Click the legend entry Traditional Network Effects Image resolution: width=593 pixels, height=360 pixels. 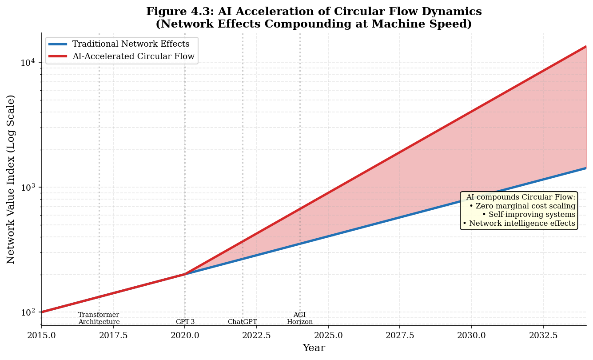pyautogui.click(x=131, y=44)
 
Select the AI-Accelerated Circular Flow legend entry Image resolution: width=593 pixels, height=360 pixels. pyautogui.click(x=133, y=56)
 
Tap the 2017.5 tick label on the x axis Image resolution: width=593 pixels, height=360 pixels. pyautogui.click(x=113, y=335)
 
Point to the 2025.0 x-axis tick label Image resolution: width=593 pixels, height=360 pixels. pyautogui.click(x=328, y=335)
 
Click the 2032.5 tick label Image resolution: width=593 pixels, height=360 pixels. pyautogui.click(x=543, y=335)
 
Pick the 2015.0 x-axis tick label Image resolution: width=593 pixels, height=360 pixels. pyautogui.click(x=42, y=335)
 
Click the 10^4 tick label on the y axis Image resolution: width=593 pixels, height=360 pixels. pyautogui.click(x=28, y=62)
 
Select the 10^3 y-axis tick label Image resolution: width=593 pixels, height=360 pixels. pyautogui.click(x=28, y=187)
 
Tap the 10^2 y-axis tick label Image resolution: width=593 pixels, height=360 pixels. pyautogui.click(x=28, y=312)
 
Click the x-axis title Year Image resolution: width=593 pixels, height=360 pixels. pyautogui.click(x=314, y=348)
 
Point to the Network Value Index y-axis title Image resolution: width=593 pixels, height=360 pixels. pyautogui.click(x=11, y=179)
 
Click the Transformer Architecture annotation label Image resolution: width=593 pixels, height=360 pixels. pyautogui.click(x=99, y=318)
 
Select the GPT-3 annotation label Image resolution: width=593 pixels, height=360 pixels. pyautogui.click(x=185, y=322)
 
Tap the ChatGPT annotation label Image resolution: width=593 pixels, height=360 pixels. pyautogui.click(x=242, y=322)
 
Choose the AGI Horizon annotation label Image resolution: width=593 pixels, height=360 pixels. pyautogui.click(x=299, y=318)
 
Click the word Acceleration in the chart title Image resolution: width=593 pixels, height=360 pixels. pyautogui.click(x=259, y=12)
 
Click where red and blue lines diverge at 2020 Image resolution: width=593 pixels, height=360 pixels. pyautogui.click(x=185, y=274)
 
